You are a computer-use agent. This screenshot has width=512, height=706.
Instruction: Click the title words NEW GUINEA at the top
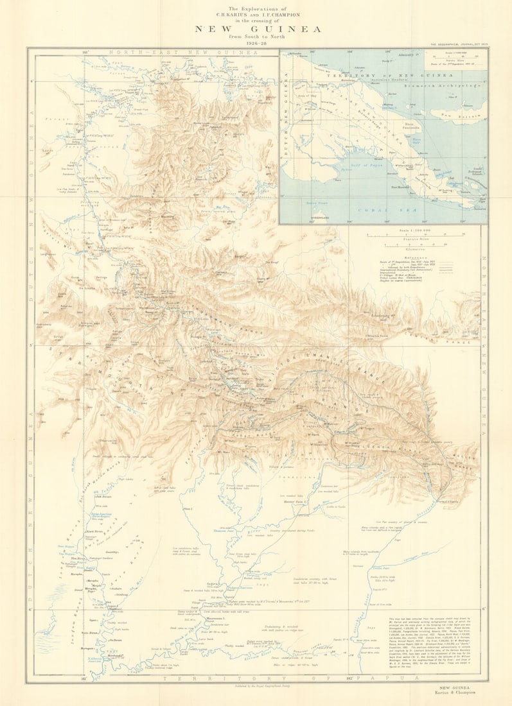(258, 29)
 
